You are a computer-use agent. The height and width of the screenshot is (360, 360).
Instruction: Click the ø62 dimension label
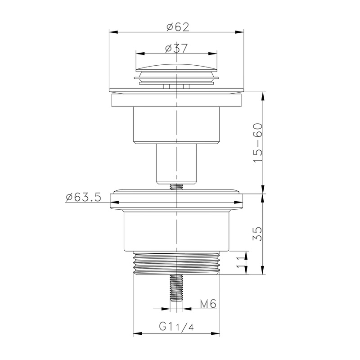pyautogui.click(x=176, y=26)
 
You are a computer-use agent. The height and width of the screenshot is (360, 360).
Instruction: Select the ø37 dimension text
pyautogui.click(x=176, y=48)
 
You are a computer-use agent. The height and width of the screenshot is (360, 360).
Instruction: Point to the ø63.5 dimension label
pyautogui.click(x=83, y=198)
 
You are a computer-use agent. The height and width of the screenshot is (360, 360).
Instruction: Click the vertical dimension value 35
pyautogui.click(x=257, y=234)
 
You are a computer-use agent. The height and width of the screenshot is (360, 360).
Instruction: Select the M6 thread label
pyautogui.click(x=208, y=304)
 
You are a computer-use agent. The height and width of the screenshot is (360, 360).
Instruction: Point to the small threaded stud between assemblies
pyautogui.click(x=176, y=187)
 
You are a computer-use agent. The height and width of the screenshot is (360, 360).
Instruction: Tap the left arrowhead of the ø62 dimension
pyautogui.click(x=113, y=32)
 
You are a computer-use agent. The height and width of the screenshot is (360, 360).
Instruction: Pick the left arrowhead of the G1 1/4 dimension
pyautogui.click(x=136, y=333)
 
